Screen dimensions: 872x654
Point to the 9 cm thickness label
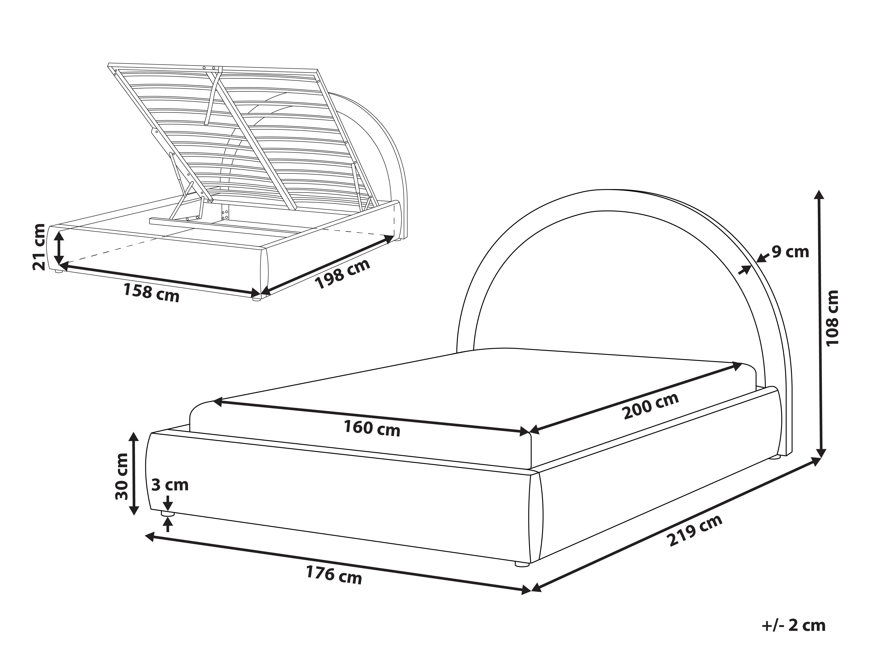coord(790,251)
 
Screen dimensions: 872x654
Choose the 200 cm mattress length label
coord(651,406)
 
